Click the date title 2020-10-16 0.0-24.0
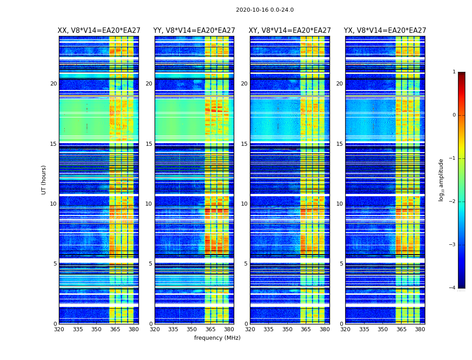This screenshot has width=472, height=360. pyautogui.click(x=265, y=10)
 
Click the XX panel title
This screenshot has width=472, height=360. pyautogui.click(x=99, y=31)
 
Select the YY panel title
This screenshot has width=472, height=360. pyautogui.click(x=194, y=31)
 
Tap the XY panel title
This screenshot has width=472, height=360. pyautogui.click(x=290, y=31)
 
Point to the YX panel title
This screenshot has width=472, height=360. pyautogui.click(x=385, y=31)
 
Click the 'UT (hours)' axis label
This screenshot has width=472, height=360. pyautogui.click(x=44, y=180)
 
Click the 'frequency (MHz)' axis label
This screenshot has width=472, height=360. pyautogui.click(x=217, y=338)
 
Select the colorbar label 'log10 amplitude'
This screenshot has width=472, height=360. pyautogui.click(x=441, y=180)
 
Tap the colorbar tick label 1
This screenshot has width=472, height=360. pyautogui.click(x=454, y=72)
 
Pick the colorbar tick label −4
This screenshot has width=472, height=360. pyautogui.click(x=452, y=288)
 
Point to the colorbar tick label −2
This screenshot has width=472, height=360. pyautogui.click(x=452, y=202)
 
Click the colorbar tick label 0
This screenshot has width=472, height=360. pyautogui.click(x=454, y=115)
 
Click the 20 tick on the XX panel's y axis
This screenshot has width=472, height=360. pyautogui.click(x=53, y=84)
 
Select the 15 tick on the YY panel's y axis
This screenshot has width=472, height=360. pyautogui.click(x=149, y=144)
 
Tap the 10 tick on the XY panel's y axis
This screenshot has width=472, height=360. pyautogui.click(x=244, y=204)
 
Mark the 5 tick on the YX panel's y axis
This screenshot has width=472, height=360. pyautogui.click(x=341, y=264)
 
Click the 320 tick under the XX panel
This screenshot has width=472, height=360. pyautogui.click(x=59, y=329)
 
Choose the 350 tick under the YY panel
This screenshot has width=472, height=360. pyautogui.click(x=192, y=329)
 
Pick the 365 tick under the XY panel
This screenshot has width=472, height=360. pyautogui.click(x=306, y=329)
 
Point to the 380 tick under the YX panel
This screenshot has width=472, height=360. pyautogui.click(x=420, y=329)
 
